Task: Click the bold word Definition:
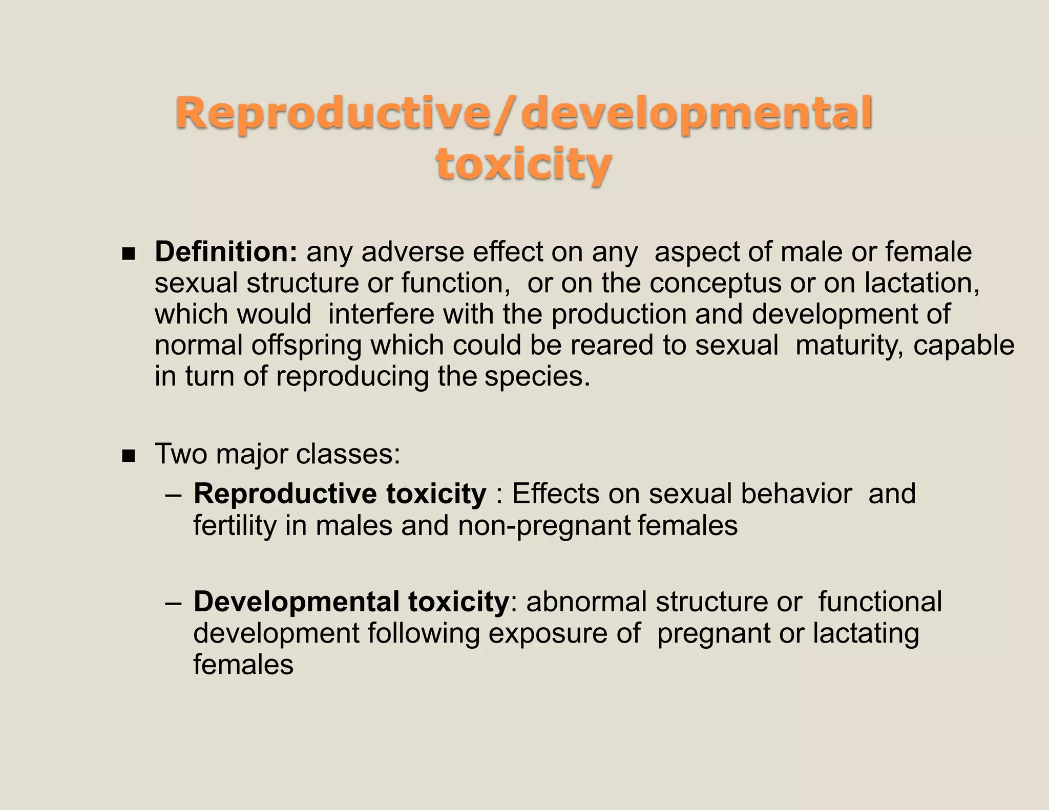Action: click(226, 252)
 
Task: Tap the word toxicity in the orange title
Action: click(523, 165)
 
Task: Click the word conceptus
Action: click(716, 283)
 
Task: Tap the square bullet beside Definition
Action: click(128, 253)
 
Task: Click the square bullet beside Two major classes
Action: click(128, 455)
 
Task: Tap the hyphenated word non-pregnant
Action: click(544, 526)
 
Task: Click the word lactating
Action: click(866, 634)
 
